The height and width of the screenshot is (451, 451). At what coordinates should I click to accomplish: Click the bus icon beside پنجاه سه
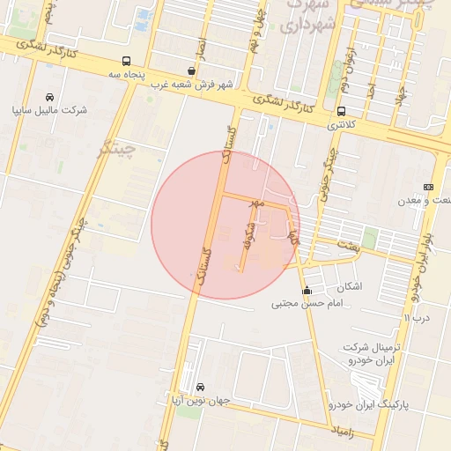click(127, 62)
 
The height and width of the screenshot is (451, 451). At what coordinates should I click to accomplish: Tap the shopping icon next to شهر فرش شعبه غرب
click(192, 70)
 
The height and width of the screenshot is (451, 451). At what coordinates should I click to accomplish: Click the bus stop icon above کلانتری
click(341, 111)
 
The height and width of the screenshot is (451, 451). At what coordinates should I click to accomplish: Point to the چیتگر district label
click(118, 147)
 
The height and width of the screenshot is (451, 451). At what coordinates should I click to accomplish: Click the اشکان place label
click(349, 286)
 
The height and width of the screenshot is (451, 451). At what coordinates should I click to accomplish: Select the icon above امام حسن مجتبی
click(307, 290)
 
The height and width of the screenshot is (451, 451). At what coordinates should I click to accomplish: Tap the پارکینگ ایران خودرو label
click(369, 404)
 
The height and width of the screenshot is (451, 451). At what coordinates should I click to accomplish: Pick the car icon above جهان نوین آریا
click(201, 387)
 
